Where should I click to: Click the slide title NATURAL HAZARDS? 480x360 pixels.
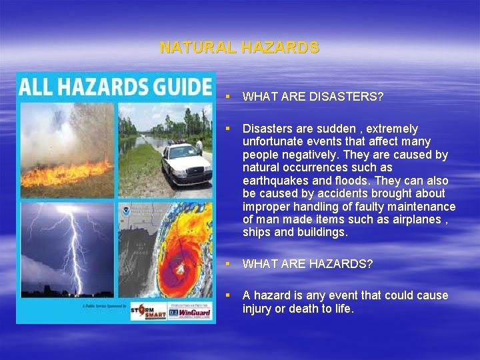(x=239, y=48)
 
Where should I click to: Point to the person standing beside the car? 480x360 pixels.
(x=199, y=146)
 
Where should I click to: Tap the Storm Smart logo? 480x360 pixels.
(x=147, y=311)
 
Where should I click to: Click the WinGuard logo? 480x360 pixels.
(x=190, y=311)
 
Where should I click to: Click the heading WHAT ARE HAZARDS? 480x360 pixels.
(x=307, y=264)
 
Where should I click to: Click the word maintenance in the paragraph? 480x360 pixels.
(x=423, y=207)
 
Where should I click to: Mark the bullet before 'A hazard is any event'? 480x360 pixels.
(x=227, y=295)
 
